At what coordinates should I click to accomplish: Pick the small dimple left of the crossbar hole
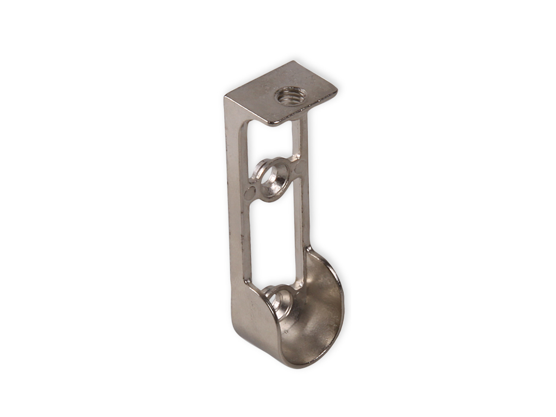[249, 192]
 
